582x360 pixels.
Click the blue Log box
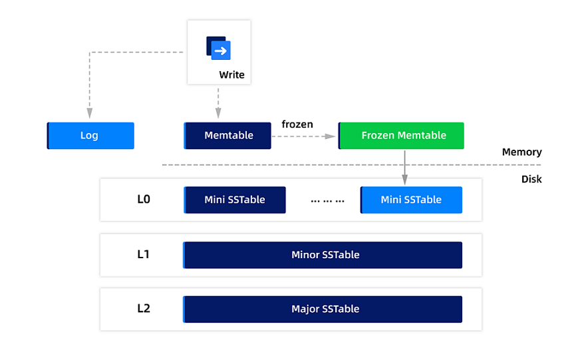point(90,136)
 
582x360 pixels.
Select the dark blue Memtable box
point(227,136)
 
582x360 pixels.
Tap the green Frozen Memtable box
point(401,136)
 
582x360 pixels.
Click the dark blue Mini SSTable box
point(234,200)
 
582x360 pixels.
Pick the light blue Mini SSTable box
point(411,200)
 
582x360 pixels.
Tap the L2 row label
point(144,309)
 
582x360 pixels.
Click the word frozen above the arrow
point(297,124)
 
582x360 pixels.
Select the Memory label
point(521,152)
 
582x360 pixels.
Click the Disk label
point(531,179)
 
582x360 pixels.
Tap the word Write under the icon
point(231,75)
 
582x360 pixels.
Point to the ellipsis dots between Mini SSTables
point(327,200)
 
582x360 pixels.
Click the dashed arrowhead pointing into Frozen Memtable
point(329,136)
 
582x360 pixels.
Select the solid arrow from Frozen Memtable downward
point(404,166)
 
